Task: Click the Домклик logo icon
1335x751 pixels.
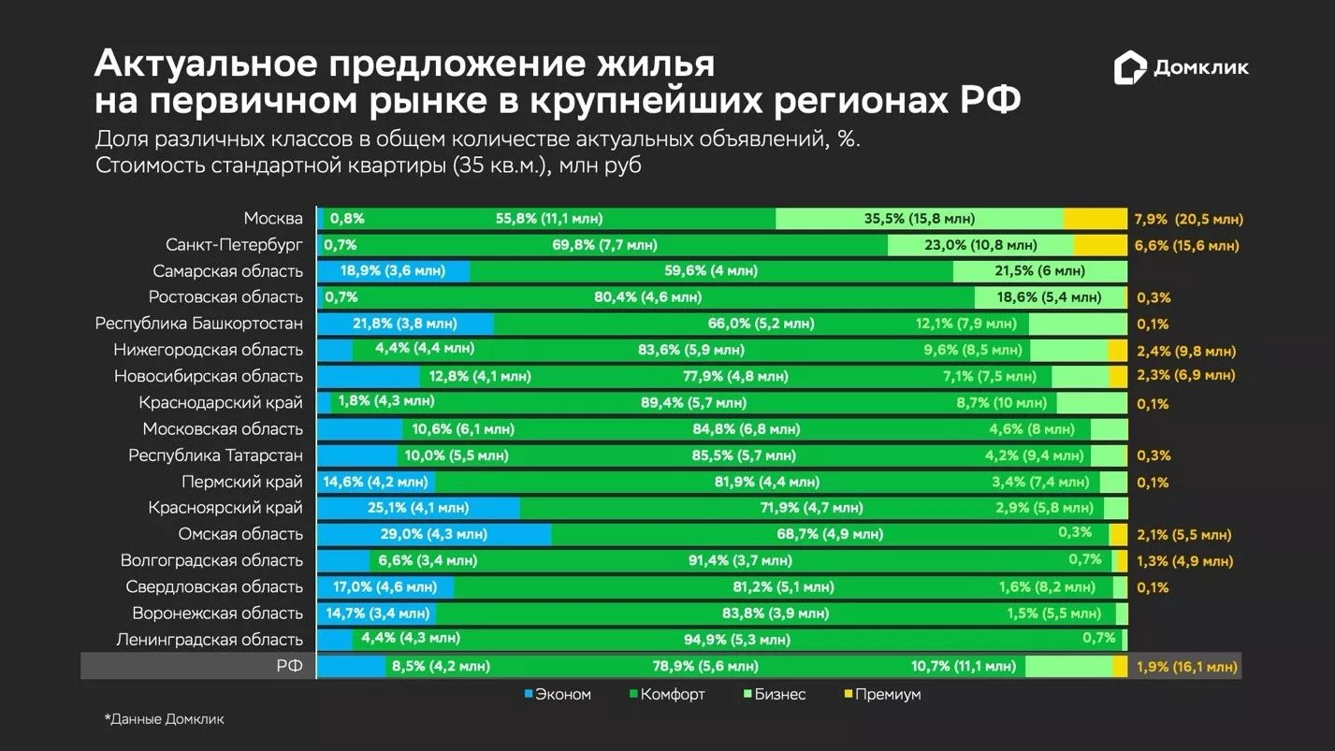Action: click(x=1129, y=68)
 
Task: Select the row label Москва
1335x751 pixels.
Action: click(x=273, y=219)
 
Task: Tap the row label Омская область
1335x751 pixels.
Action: click(x=240, y=534)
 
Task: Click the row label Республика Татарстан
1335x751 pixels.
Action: click(x=215, y=455)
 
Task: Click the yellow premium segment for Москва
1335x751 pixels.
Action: click(x=1095, y=219)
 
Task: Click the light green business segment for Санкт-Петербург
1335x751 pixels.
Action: click(x=979, y=245)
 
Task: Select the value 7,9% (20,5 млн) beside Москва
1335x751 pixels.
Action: click(x=1188, y=220)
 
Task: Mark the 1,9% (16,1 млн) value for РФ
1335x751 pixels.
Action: click(x=1186, y=667)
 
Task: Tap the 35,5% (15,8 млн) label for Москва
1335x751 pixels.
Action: click(x=919, y=219)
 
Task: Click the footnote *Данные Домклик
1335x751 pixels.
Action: click(x=164, y=719)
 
